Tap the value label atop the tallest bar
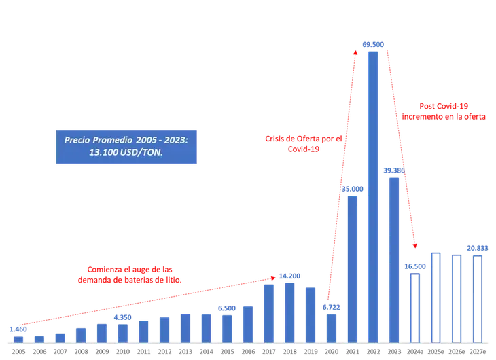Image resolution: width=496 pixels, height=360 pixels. pos(373,44)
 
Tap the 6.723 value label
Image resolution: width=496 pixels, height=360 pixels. pos(332,308)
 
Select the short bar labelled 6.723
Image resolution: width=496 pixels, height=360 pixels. pos(332,327)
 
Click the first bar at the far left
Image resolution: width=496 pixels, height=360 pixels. pos(19,338)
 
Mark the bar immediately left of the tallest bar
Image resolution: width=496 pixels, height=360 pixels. pos(353,268)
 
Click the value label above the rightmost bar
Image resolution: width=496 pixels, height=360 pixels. pos(478,248)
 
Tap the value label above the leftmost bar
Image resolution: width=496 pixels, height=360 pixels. pos(18,329)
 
